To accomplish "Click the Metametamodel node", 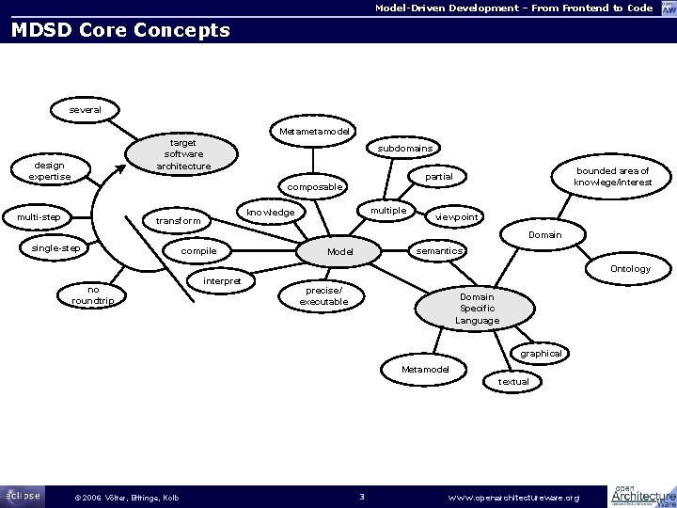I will click(315, 130).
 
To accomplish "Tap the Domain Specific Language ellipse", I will click(477, 309).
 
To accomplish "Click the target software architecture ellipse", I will click(183, 154).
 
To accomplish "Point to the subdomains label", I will click(405, 149).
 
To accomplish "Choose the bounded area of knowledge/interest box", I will click(612, 177).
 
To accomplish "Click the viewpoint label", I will click(457, 217).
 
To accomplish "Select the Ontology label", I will click(630, 269).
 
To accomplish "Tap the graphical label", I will click(541, 354).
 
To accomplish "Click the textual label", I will click(513, 381).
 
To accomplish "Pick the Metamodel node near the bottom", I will click(425, 369).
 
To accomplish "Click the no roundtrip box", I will click(93, 295).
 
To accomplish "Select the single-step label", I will click(56, 248).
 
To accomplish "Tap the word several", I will click(86, 110).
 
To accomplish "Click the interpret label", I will click(222, 281).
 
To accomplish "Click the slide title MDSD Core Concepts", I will click(119, 30).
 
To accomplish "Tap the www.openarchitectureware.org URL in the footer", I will click(513, 497).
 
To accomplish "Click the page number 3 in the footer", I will click(361, 496).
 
